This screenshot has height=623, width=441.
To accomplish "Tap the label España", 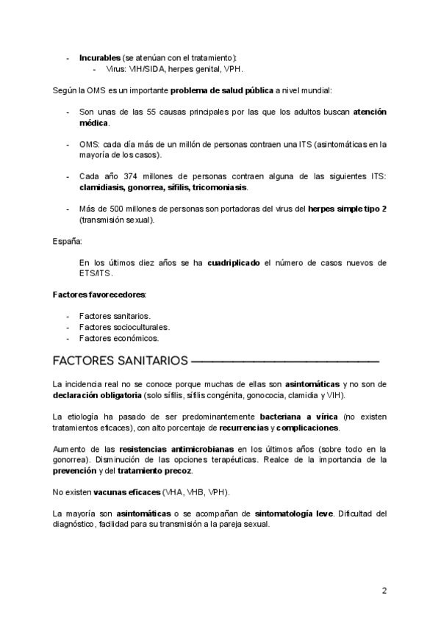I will tap(67, 241).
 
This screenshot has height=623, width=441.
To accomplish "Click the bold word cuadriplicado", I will tap(234, 262).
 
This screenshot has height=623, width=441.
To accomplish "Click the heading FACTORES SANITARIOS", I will tap(120, 361).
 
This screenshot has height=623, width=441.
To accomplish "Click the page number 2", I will tap(384, 591).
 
